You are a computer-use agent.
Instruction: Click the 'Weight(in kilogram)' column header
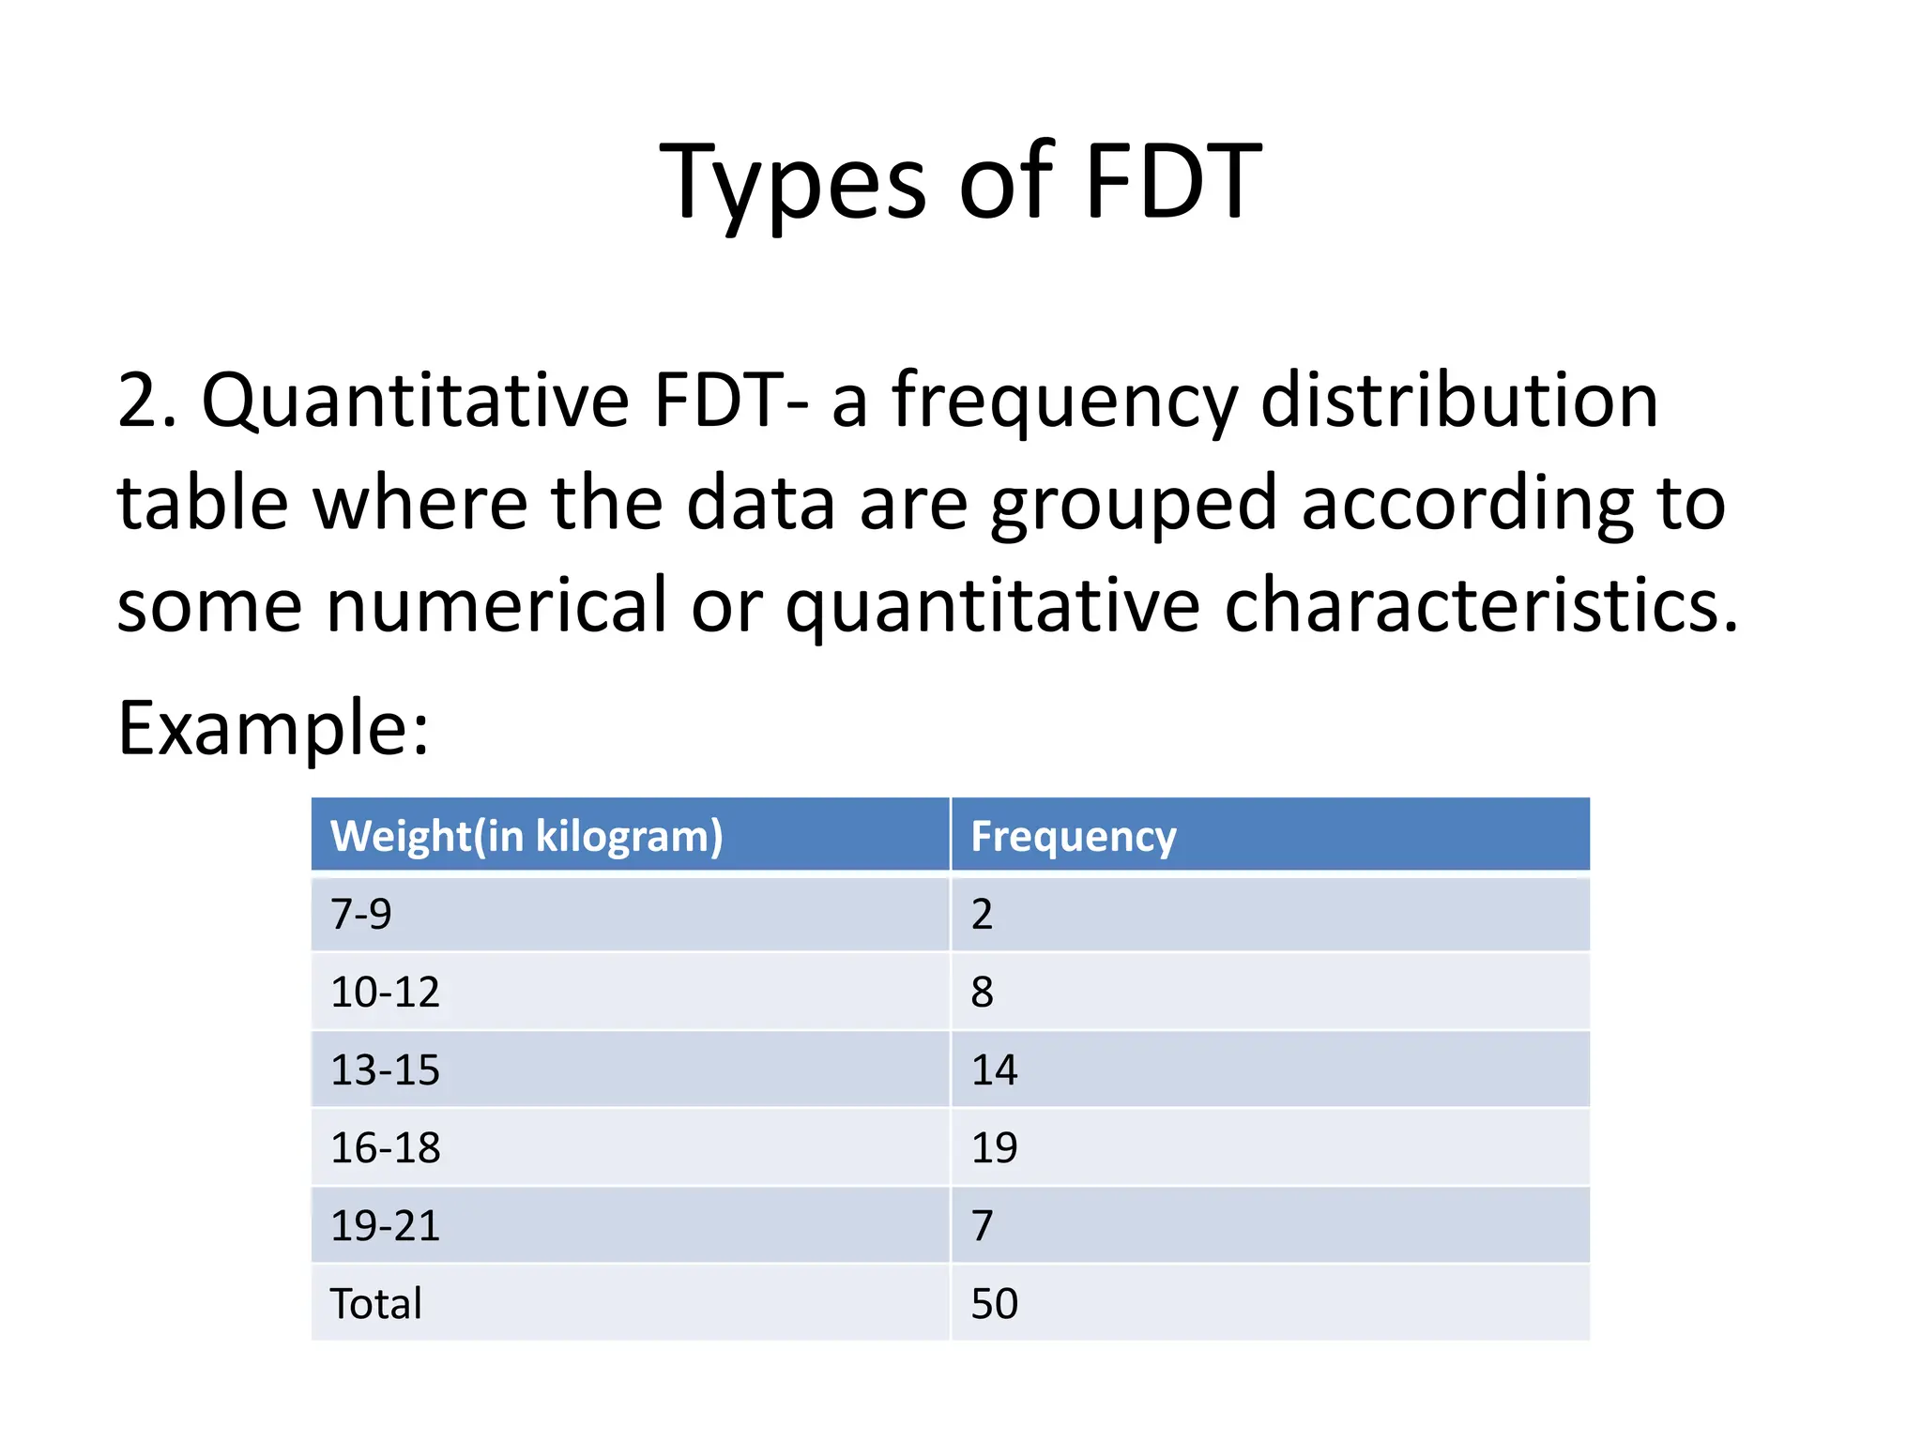526,836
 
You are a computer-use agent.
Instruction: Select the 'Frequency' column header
1073,836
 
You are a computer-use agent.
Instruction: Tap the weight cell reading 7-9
361,914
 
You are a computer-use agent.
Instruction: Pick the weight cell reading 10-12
385,992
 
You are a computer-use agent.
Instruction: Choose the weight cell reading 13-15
385,1069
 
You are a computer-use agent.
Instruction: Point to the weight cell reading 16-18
385,1147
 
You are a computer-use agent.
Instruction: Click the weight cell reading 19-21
385,1225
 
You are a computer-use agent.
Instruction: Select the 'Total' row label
375,1303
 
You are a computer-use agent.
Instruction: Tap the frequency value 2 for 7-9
982,914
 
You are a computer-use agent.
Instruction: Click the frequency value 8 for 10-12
982,992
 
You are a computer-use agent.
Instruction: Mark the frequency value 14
994,1069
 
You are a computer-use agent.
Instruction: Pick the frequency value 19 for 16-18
994,1147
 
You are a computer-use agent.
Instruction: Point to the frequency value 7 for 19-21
982,1225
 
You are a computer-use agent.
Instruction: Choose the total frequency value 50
994,1303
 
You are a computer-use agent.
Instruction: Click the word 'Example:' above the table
273,728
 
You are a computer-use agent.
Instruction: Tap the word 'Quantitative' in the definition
415,402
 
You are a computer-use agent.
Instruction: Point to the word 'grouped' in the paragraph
1134,505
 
